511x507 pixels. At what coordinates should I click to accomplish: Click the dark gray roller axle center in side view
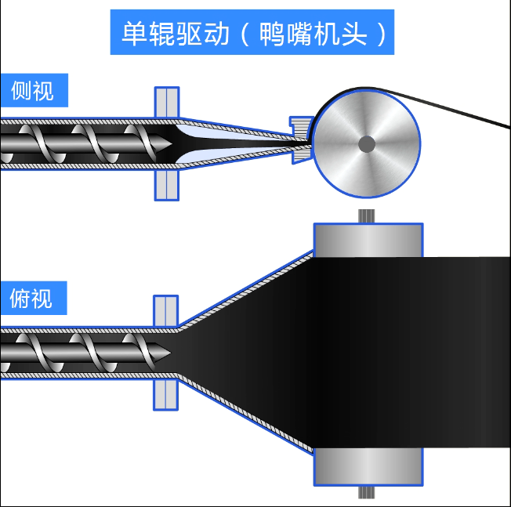[366, 143]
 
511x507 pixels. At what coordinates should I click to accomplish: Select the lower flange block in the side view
[167, 185]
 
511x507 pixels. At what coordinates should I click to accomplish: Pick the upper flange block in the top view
[166, 310]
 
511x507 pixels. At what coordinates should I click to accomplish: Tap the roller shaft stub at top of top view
[367, 216]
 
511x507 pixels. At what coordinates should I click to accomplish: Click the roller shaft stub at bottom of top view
[367, 493]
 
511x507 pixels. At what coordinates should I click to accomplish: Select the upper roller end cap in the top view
[368, 239]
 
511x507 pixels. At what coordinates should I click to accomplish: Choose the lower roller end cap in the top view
[368, 467]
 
